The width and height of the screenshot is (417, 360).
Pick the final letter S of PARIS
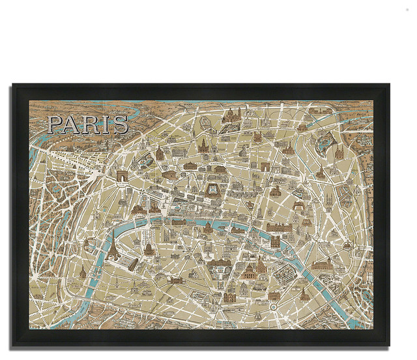(121, 125)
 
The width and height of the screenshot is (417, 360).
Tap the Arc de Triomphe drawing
(124, 177)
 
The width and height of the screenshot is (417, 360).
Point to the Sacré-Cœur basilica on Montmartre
(232, 117)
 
